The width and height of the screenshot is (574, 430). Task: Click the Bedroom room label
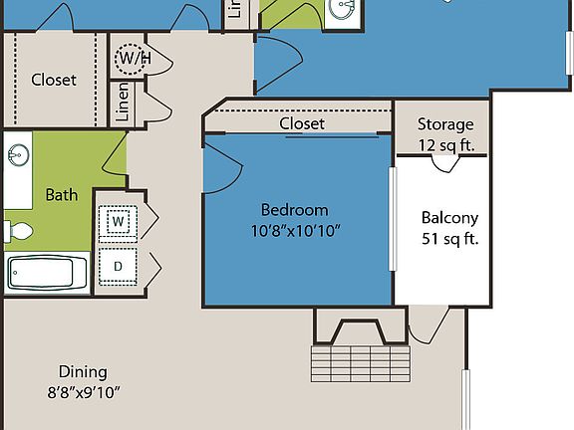pos(294,210)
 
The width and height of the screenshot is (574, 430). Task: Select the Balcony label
pos(449,218)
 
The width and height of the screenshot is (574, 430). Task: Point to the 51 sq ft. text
pos(449,239)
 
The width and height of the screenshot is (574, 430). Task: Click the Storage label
pos(445,124)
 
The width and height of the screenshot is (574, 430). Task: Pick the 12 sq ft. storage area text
pos(445,144)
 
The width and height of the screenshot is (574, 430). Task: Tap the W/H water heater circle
pos(134,58)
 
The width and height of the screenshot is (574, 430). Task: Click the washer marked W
pos(118,220)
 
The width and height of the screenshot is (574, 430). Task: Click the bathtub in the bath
pos(47,271)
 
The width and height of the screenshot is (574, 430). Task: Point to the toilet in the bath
pos(19,232)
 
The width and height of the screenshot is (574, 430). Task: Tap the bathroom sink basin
pos(18,155)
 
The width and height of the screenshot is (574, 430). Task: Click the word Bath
pos(62,195)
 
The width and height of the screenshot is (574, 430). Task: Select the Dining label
pos(82,371)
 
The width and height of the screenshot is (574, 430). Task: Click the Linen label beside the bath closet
pos(123,101)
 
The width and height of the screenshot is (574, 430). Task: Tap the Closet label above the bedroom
pos(302,123)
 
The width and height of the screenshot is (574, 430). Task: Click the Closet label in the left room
pos(54,80)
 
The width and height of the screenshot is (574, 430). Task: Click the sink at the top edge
pos(343,9)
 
